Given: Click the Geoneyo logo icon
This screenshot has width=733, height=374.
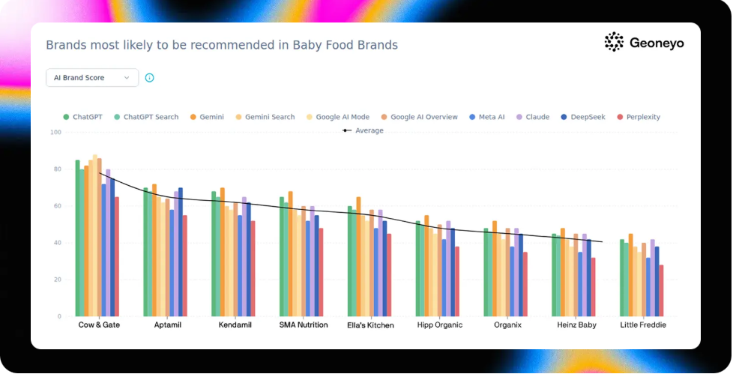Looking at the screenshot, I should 614,42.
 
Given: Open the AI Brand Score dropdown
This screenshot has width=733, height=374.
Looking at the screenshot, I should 92,78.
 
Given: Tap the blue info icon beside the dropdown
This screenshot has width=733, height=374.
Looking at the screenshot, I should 149,78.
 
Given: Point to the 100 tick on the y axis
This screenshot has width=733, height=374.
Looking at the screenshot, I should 55,133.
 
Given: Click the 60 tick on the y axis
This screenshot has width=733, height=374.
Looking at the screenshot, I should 57,206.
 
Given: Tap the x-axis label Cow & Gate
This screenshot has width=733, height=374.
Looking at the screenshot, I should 99,325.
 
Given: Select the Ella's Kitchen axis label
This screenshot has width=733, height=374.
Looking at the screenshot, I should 370,325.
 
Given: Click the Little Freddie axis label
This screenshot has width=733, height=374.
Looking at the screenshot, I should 643,325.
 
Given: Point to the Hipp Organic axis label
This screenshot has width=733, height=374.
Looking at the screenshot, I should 439,325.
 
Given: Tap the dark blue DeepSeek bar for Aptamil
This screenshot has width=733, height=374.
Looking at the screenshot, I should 181,252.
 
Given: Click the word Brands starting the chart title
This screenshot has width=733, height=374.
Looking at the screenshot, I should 62,45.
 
